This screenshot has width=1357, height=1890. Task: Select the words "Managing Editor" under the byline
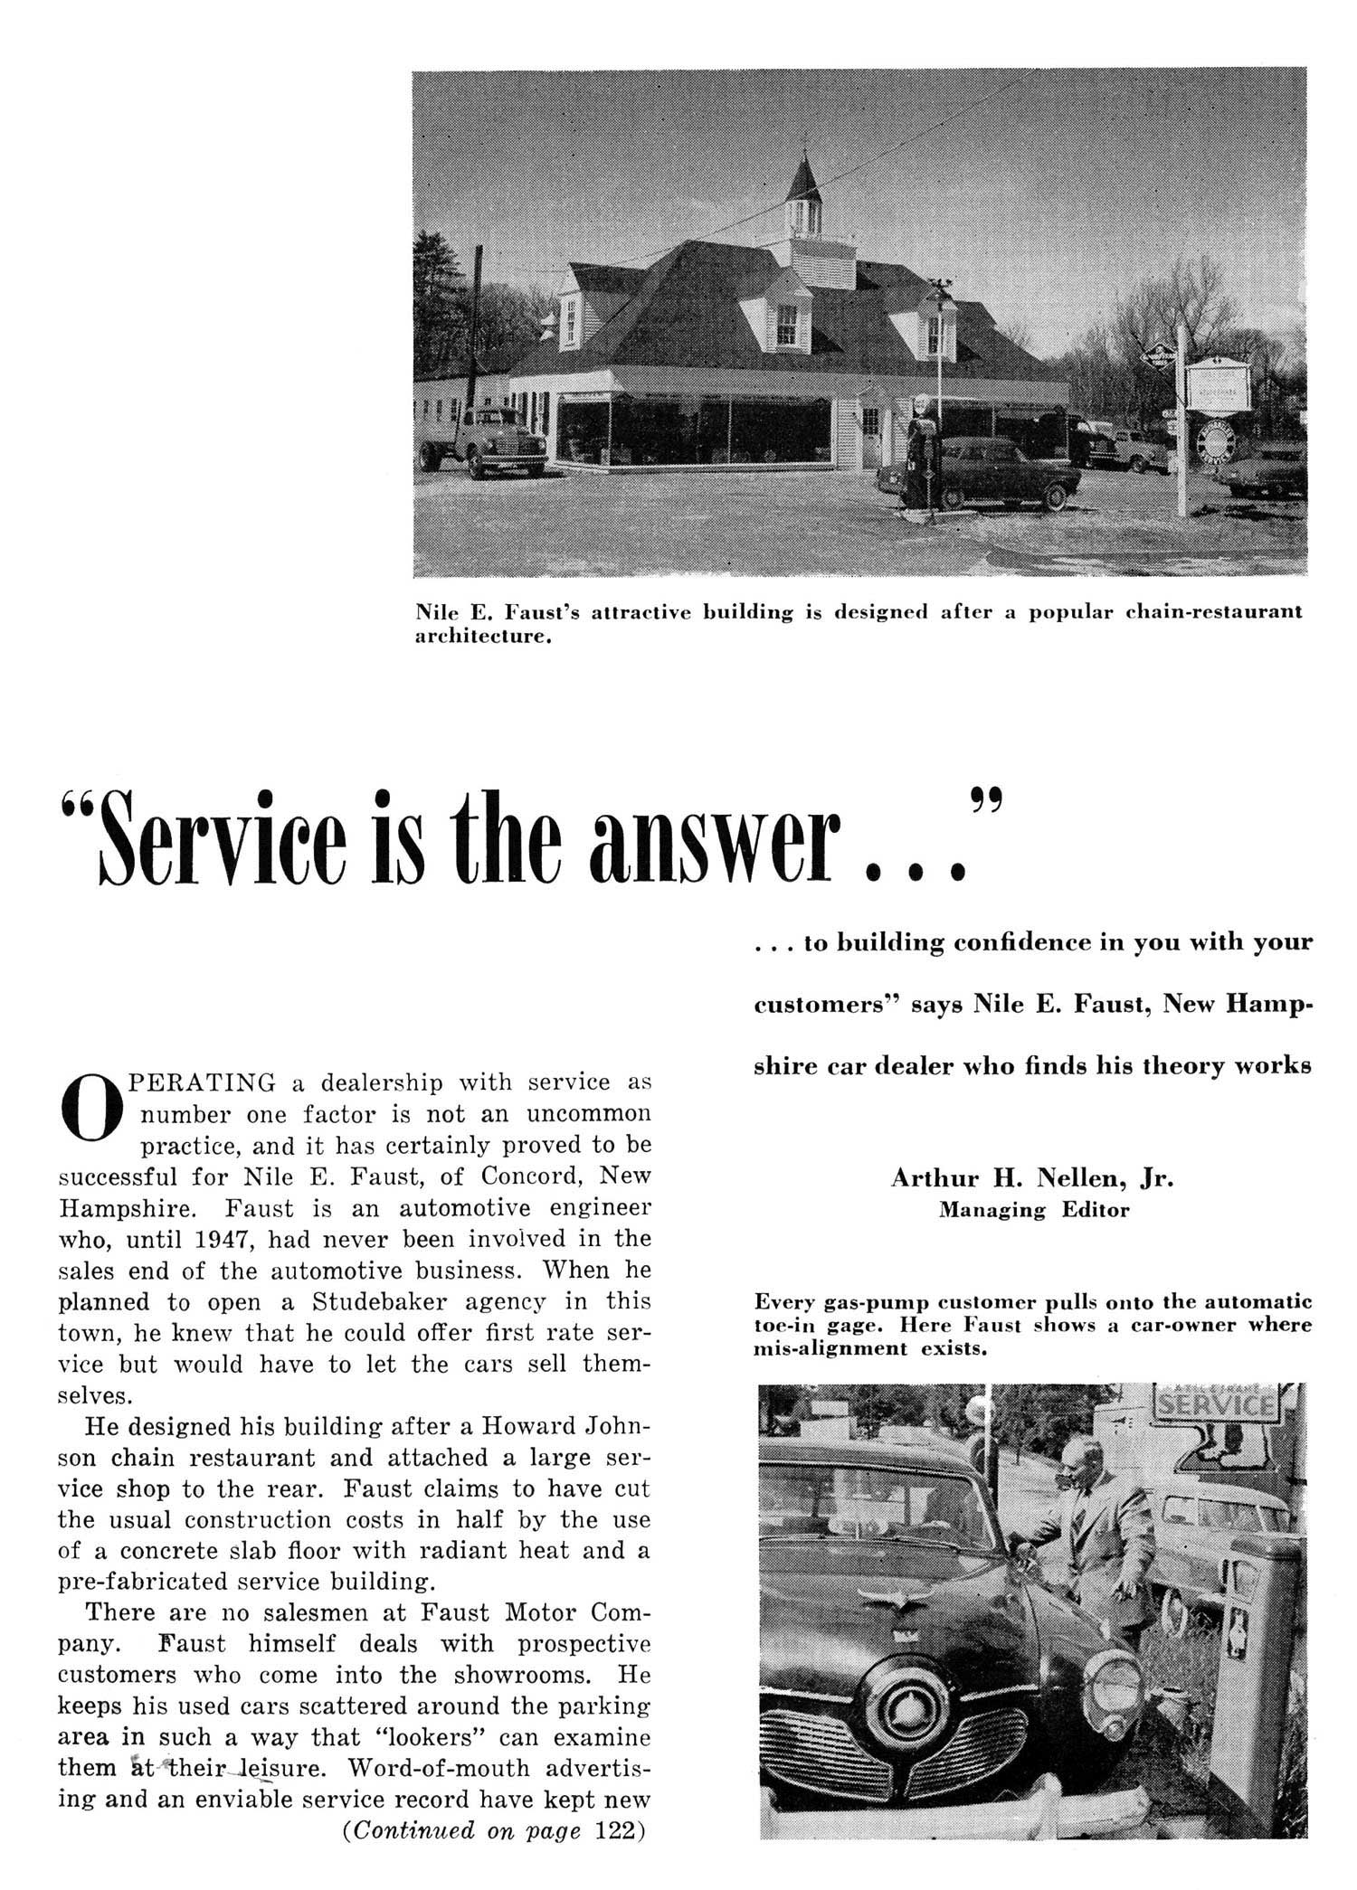click(x=1033, y=1209)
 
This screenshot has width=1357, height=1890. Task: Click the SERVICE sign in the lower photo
click(x=1217, y=1404)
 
